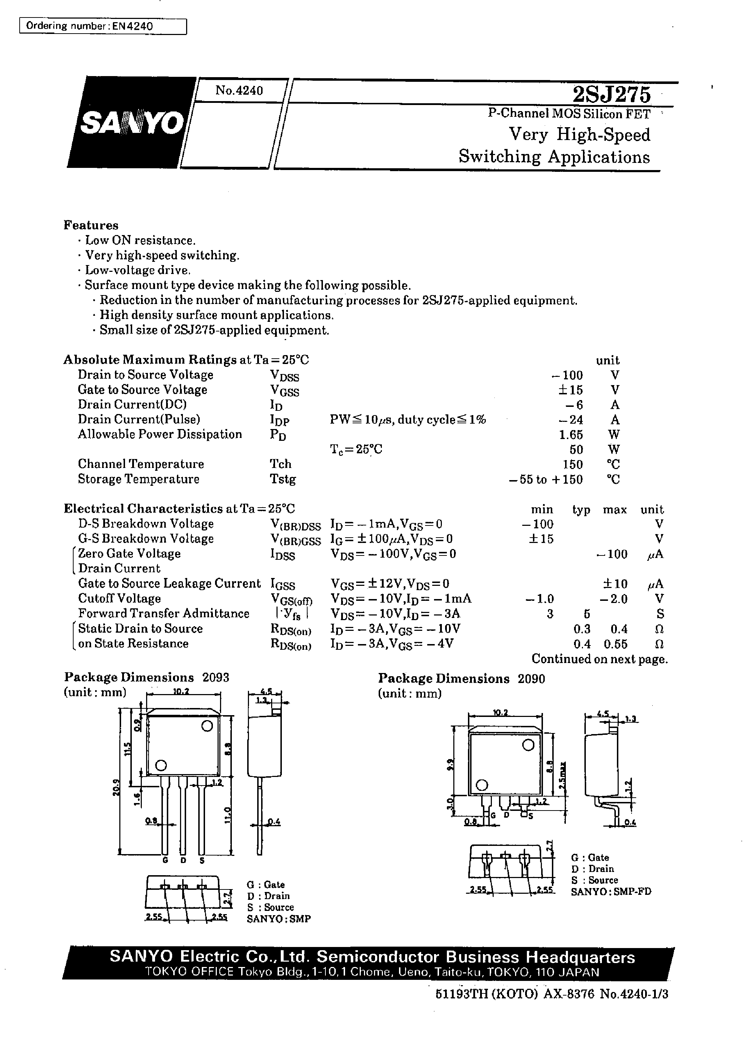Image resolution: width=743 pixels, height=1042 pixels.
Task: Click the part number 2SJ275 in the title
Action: point(611,95)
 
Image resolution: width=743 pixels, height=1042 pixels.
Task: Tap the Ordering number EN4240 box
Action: point(103,26)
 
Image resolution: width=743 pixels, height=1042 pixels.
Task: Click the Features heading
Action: point(91,225)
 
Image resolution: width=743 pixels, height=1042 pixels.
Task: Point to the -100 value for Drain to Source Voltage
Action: point(567,375)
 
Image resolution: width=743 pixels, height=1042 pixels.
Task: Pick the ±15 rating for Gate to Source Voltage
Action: point(570,390)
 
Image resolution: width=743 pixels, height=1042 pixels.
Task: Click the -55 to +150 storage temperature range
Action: point(546,479)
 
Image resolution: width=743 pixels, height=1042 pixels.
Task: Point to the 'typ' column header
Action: point(581,509)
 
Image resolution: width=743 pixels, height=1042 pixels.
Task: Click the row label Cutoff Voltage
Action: point(119,598)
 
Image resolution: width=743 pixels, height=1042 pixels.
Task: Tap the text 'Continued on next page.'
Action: point(599,659)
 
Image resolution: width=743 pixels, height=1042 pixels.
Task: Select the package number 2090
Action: point(531,678)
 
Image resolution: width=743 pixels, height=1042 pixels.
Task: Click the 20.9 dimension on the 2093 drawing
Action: point(116,787)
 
